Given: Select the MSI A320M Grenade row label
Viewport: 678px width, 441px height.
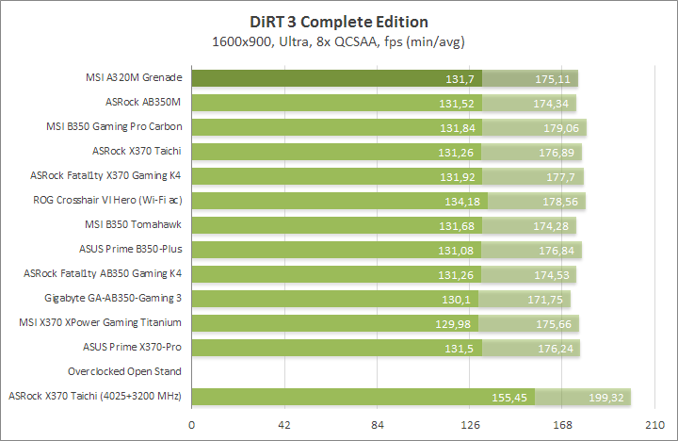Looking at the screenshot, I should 133,77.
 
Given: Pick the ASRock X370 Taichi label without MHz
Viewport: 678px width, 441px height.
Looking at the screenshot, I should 137,150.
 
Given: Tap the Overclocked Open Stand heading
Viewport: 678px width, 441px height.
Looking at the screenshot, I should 124,371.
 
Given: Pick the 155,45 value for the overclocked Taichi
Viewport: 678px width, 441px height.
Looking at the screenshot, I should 509,397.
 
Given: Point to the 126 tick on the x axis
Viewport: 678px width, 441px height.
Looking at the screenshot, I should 470,425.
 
